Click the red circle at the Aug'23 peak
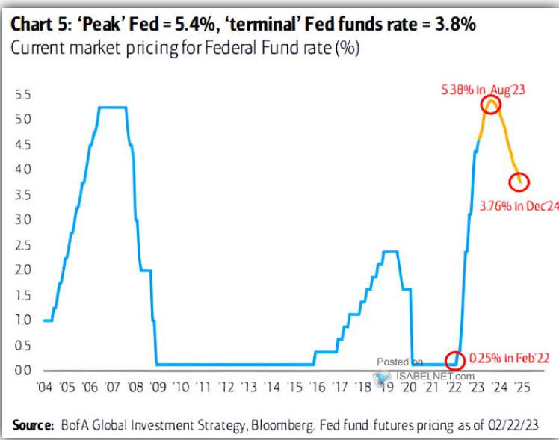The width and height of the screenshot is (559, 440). click(491, 105)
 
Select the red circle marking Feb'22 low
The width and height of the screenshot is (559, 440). click(454, 360)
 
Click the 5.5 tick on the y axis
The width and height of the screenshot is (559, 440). click(23, 95)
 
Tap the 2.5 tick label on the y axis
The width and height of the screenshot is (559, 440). click(23, 246)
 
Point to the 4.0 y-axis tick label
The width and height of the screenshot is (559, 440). click(23, 170)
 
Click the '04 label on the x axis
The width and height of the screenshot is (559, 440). click(46, 388)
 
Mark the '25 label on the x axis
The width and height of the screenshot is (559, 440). click(521, 388)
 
